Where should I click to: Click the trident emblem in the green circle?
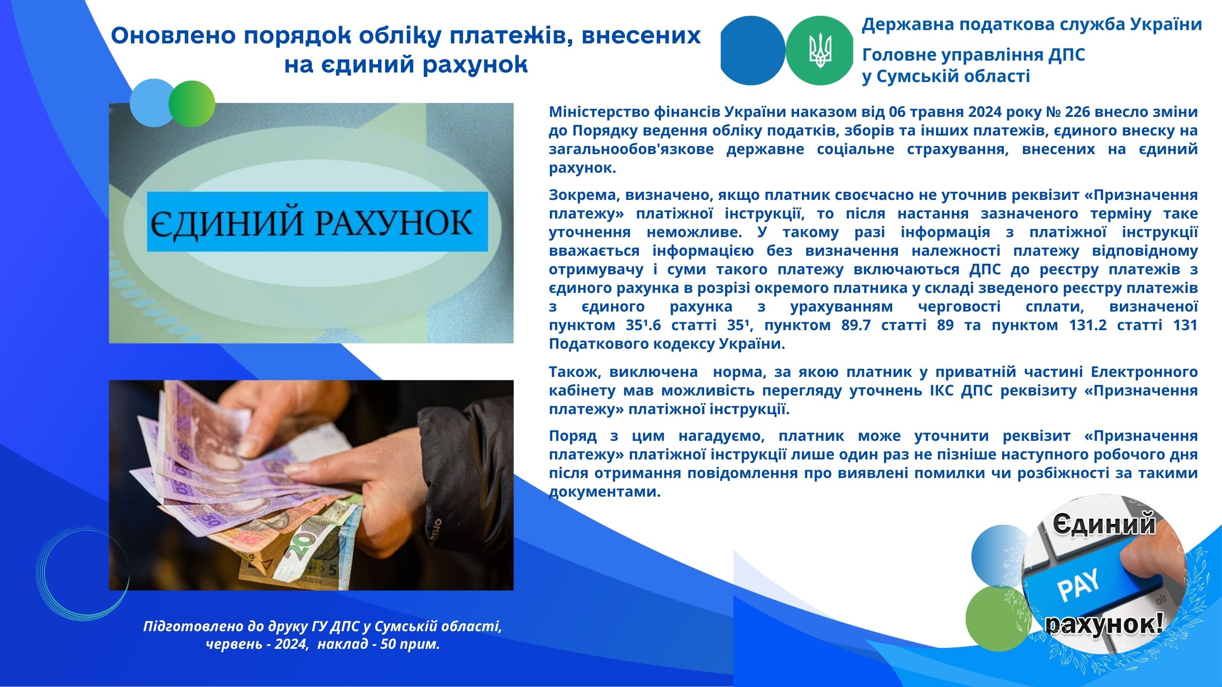click(x=820, y=51)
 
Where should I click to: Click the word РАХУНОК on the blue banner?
click(x=392, y=222)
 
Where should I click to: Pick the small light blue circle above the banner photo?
click(x=152, y=103)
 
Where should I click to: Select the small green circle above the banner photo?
click(x=192, y=104)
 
